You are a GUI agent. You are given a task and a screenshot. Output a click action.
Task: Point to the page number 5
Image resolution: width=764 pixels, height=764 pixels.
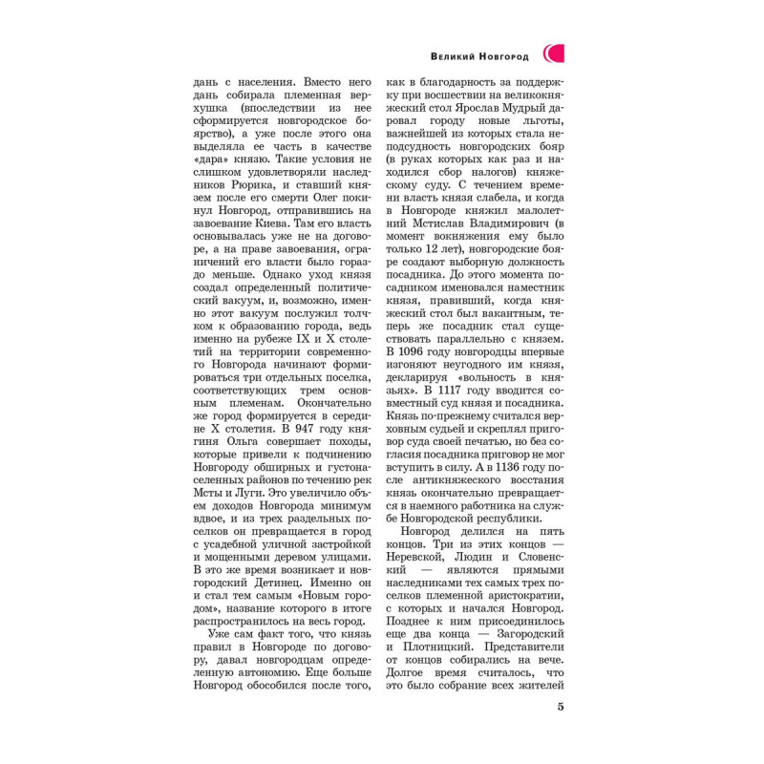coord(561,707)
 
